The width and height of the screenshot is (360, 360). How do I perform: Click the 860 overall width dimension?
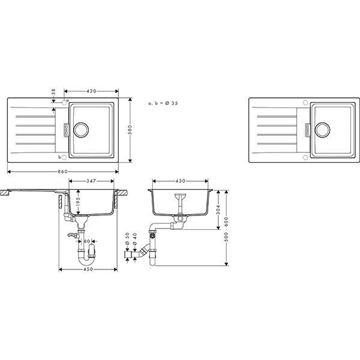(62, 172)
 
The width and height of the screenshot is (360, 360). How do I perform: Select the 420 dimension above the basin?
(91, 91)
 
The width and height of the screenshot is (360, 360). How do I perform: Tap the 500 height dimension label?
(130, 130)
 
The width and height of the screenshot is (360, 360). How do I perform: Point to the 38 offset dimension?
(53, 92)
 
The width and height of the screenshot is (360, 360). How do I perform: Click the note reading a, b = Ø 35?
(163, 103)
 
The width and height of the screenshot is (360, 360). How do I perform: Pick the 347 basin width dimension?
(91, 181)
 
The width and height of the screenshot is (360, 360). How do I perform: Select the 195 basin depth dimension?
(78, 202)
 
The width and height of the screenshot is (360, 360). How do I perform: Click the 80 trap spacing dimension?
(87, 241)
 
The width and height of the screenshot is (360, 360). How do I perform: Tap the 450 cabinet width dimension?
(88, 269)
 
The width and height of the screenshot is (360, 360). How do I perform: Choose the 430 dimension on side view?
(181, 181)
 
